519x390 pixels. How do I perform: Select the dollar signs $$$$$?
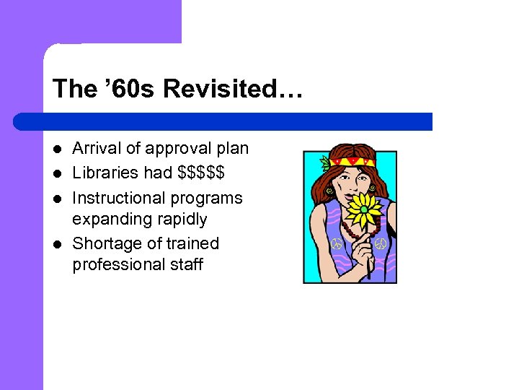pyautogui.click(x=201, y=173)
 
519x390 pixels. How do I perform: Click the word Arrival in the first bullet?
pyautogui.click(x=97, y=149)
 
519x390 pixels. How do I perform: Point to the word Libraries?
pyautogui.click(x=101, y=173)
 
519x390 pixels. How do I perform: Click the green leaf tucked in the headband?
pyautogui.click(x=325, y=163)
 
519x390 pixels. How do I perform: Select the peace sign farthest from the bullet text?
pyautogui.click(x=381, y=243)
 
